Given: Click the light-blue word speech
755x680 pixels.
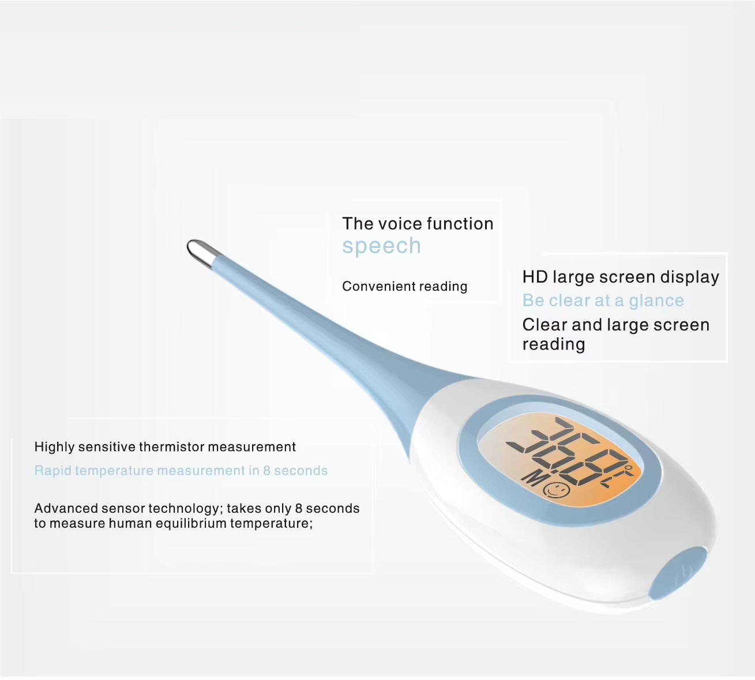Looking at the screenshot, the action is point(381,246).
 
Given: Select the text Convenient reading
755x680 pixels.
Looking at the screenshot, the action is point(404,287).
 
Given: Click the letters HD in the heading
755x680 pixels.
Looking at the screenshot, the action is point(535,277).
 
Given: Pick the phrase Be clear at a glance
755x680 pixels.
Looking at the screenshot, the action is point(603,300).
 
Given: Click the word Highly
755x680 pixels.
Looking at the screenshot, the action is point(55,448).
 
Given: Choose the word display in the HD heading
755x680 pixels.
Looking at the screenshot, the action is point(690,277).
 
